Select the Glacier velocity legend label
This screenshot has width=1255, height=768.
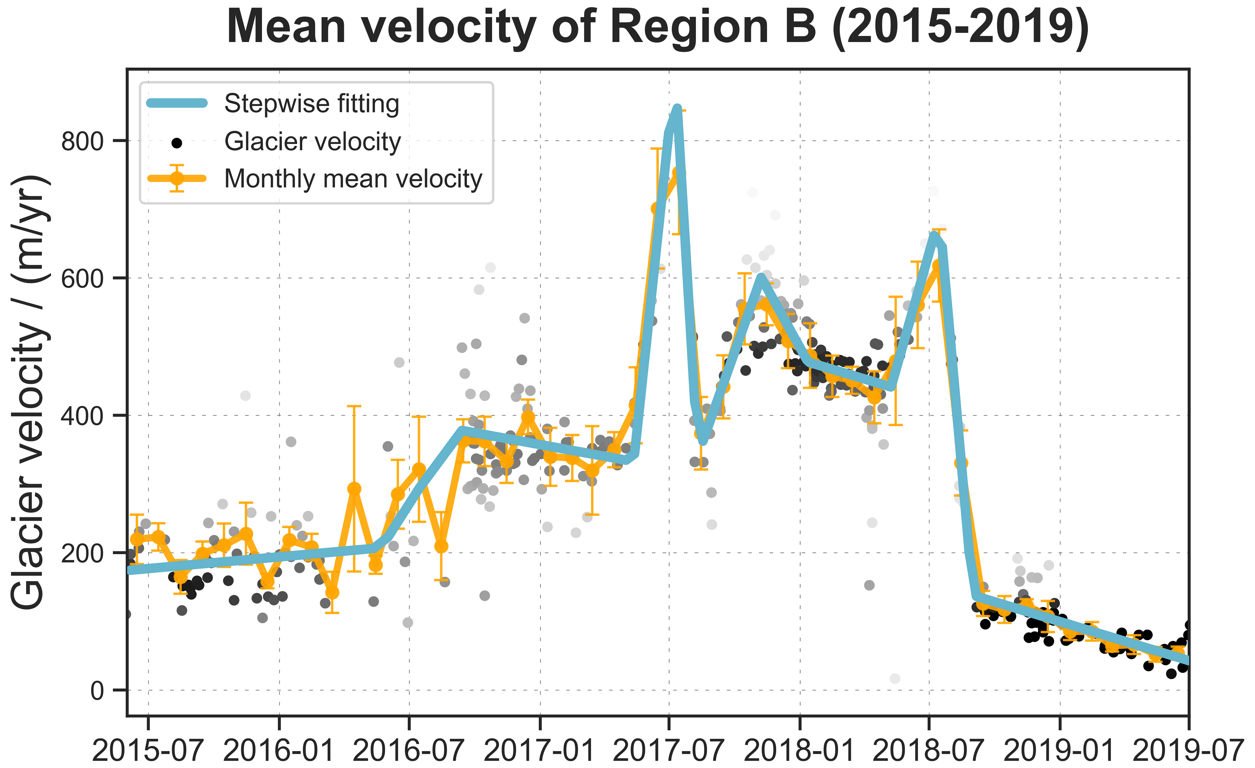click(313, 141)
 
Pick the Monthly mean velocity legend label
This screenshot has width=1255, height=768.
click(353, 179)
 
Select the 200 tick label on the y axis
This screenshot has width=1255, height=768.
click(82, 553)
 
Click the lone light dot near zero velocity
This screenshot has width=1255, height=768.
click(895, 678)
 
